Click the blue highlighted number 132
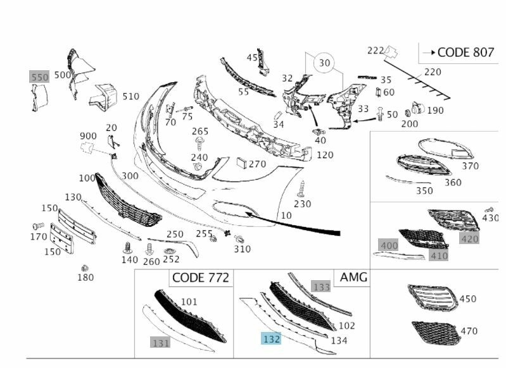point(272,339)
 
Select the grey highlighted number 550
point(40,77)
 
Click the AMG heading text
point(353,278)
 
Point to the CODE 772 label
point(200,278)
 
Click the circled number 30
point(325,63)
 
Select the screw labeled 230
point(301,188)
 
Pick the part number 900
point(89,136)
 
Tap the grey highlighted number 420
point(470,238)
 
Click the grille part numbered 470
point(436,332)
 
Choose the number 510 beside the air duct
point(130,96)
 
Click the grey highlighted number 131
point(160,342)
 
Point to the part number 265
point(200,131)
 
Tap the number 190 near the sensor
point(435,111)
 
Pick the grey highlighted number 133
point(321,287)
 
